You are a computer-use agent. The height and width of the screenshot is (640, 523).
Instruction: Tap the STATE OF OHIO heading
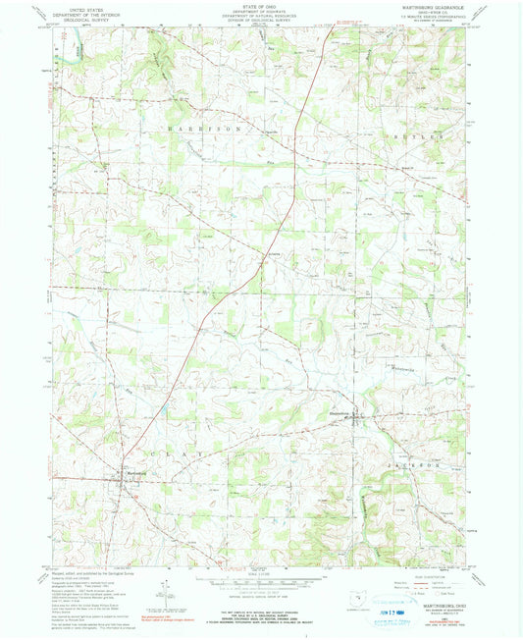(x=260, y=6)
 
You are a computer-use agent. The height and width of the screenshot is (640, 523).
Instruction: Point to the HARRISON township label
(x=195, y=130)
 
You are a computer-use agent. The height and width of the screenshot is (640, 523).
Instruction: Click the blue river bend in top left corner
(x=75, y=45)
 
